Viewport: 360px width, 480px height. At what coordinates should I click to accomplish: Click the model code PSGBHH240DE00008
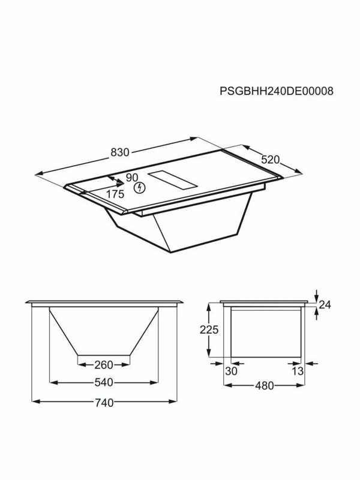(277, 91)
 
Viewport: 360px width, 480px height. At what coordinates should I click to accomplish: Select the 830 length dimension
(120, 152)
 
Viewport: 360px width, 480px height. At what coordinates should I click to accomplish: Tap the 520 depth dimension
(271, 160)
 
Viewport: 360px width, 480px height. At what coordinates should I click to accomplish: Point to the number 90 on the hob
(132, 178)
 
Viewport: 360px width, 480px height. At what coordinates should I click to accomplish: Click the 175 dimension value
(115, 194)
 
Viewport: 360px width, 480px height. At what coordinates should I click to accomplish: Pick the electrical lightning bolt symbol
(140, 188)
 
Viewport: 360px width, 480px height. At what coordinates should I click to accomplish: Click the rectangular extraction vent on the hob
(173, 181)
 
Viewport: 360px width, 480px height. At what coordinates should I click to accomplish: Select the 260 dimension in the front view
(104, 365)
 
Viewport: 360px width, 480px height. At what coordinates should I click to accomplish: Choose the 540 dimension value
(104, 382)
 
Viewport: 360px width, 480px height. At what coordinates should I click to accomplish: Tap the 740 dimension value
(104, 403)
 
